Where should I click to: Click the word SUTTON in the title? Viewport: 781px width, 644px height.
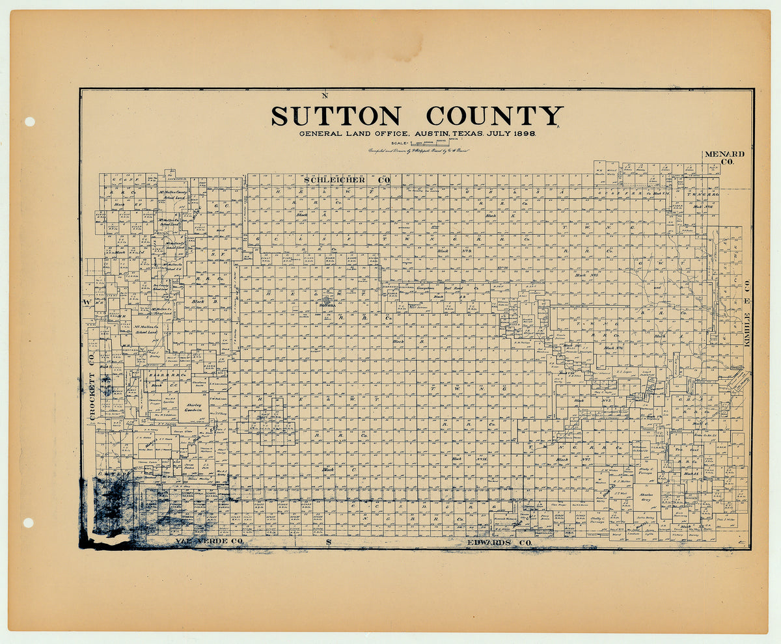(x=335, y=116)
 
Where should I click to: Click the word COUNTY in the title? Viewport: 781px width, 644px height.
(x=493, y=116)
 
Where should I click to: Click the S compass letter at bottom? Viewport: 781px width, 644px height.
(x=329, y=542)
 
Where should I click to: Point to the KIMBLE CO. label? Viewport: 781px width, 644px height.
(x=748, y=312)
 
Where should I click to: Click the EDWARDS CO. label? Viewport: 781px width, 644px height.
(x=499, y=542)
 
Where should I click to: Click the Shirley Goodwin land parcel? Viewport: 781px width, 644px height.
(x=193, y=407)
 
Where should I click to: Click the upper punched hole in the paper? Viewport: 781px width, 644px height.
(x=29, y=122)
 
